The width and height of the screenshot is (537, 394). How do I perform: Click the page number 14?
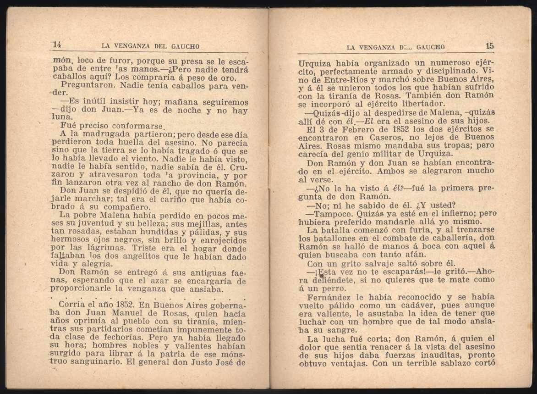pos(57,45)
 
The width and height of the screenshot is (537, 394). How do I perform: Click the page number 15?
pos(490,46)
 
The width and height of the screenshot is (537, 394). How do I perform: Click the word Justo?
pos(194,362)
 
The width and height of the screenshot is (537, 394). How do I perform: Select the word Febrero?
pos(342,129)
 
